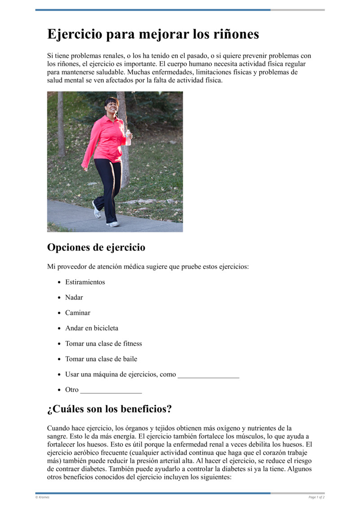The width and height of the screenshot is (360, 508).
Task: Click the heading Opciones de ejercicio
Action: point(96,248)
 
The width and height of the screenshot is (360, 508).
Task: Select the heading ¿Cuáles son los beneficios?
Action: point(109,410)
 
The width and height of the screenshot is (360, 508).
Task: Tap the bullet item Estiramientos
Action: point(85,282)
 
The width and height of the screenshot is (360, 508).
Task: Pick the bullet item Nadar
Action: point(74,298)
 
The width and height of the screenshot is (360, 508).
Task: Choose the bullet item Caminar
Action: point(78,313)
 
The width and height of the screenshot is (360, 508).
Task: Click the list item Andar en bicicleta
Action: point(92,328)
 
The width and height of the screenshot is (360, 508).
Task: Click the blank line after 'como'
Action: point(208,375)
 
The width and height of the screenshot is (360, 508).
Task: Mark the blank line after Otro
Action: point(111,390)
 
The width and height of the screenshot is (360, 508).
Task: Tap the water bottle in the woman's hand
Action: point(128,138)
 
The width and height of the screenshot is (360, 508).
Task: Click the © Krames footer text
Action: point(43,497)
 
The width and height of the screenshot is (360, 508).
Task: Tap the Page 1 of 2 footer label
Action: point(316,497)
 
